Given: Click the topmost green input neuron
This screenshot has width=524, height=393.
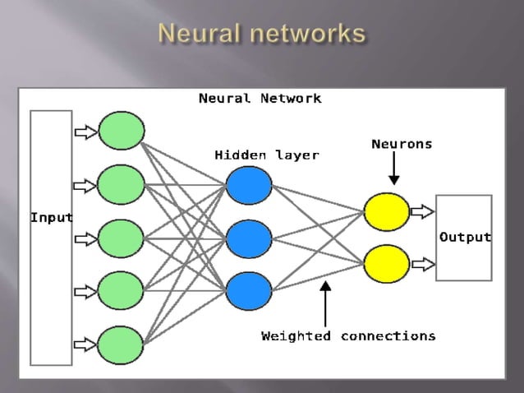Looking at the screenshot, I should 122,131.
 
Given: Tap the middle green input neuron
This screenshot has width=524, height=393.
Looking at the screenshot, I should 122,238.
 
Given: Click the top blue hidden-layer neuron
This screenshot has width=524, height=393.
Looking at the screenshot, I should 247,186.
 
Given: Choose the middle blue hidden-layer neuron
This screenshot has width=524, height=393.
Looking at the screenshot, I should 247,238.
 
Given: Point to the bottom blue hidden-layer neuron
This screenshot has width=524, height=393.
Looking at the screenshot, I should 247,290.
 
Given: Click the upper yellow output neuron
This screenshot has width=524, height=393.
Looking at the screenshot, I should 386,212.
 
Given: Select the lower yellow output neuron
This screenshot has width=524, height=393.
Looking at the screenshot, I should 386,265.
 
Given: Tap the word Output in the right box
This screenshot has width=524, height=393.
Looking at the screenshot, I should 465,238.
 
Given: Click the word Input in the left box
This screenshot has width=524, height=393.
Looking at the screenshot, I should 51,218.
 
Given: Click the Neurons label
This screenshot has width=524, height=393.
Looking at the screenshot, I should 402,144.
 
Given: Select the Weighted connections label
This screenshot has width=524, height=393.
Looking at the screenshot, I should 348,335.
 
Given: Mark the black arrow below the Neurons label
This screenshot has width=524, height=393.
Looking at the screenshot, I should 393,169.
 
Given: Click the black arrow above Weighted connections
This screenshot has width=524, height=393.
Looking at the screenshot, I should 325,303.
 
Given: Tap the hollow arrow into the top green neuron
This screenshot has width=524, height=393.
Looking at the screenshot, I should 85,131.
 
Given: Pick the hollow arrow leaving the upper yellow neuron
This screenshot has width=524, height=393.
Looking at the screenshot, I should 422,212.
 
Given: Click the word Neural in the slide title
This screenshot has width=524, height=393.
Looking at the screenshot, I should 200,34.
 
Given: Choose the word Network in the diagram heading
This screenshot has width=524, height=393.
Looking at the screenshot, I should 292,99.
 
